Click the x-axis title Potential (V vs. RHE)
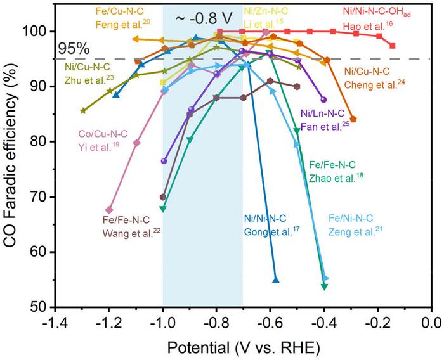pos(244,348)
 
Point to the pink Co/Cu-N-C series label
pos(103,134)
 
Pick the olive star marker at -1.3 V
pos(83,110)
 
